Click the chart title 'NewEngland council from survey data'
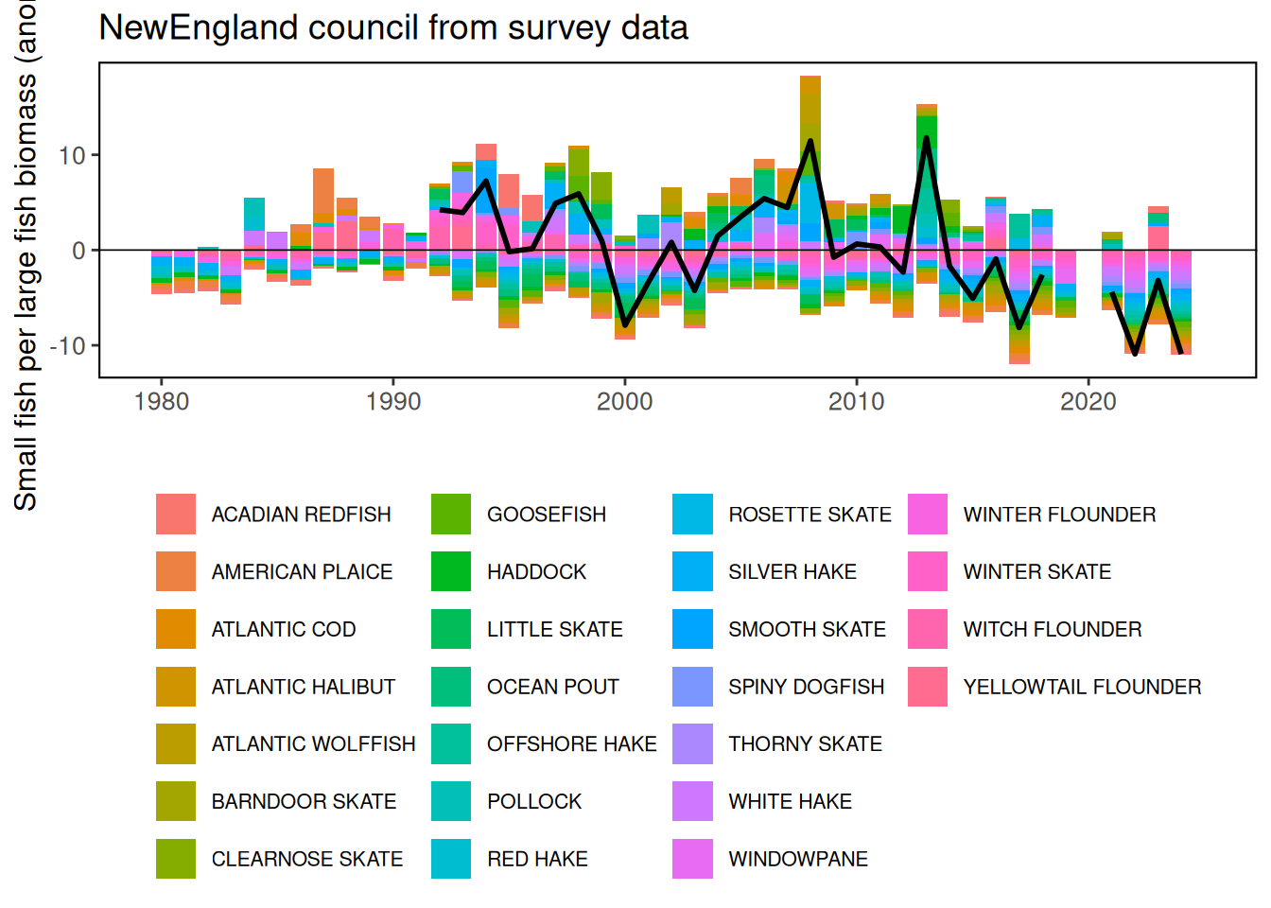pyautogui.click(x=393, y=27)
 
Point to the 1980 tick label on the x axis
pyautogui.click(x=162, y=402)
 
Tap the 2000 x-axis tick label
pyautogui.click(x=624, y=402)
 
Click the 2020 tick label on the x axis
pyautogui.click(x=1088, y=402)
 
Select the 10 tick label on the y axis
pyautogui.click(x=72, y=156)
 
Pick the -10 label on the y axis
pyautogui.click(x=67, y=346)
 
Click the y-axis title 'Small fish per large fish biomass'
pyautogui.click(x=26, y=255)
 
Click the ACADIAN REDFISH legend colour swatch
pyautogui.click(x=176, y=515)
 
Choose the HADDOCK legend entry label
pyautogui.click(x=536, y=572)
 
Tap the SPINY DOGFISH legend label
pyautogui.click(x=806, y=687)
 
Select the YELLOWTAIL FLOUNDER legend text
pyautogui.click(x=1082, y=687)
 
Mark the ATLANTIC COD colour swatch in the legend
pyautogui.click(x=176, y=629)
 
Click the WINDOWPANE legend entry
pyautogui.click(x=797, y=859)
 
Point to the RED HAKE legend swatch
pyautogui.click(x=451, y=859)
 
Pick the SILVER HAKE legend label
pyautogui.click(x=792, y=572)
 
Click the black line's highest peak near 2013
pyautogui.click(x=926, y=138)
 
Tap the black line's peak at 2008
pyautogui.click(x=810, y=142)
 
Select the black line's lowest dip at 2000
pyautogui.click(x=625, y=324)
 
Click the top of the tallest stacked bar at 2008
pyautogui.click(x=810, y=77)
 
